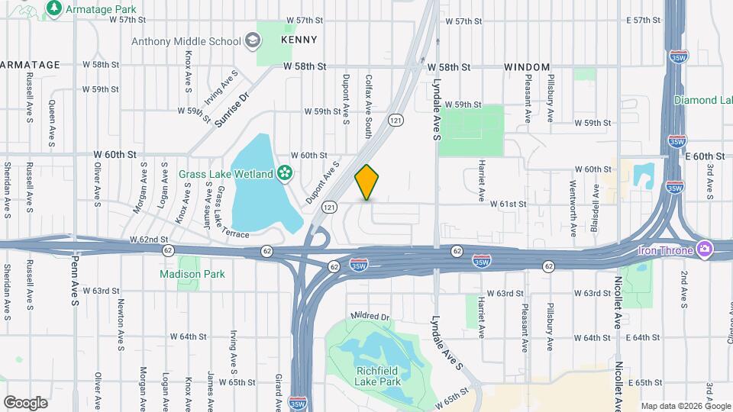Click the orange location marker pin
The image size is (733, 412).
click(367, 182)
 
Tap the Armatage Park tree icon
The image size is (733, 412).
click(54, 8)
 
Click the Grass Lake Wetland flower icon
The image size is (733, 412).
click(286, 173)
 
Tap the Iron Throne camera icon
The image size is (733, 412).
click(705, 249)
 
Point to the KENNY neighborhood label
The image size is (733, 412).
click(299, 39)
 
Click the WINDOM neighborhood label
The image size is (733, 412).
click(527, 67)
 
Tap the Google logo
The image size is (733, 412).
click(25, 402)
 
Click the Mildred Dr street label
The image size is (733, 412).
click(370, 316)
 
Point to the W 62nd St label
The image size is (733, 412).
click(148, 239)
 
